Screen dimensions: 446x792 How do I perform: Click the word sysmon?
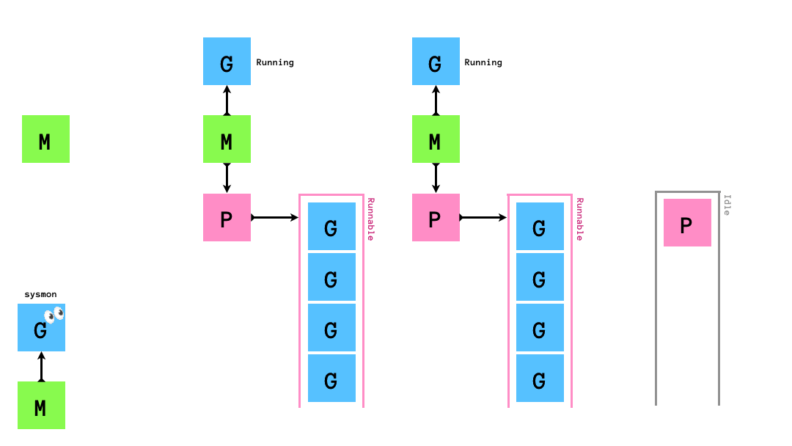(x=40, y=295)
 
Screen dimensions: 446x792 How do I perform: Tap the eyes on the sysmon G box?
(x=54, y=315)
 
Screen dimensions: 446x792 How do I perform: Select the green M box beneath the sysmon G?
(x=41, y=405)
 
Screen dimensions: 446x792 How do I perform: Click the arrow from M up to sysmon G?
(x=41, y=366)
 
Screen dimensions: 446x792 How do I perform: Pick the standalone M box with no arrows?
(x=45, y=139)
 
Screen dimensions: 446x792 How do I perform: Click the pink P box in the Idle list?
(x=687, y=222)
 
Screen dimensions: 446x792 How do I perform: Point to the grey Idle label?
(x=727, y=204)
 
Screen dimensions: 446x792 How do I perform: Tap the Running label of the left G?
(x=275, y=62)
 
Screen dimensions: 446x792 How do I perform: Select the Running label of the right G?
(x=483, y=62)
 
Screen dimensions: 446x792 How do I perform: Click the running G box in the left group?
(x=227, y=62)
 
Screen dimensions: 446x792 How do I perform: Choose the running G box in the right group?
(x=436, y=62)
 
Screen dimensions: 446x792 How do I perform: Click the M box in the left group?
(x=227, y=139)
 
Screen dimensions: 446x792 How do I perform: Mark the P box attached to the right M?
(x=436, y=217)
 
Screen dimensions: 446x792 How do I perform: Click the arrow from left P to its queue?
(x=275, y=217)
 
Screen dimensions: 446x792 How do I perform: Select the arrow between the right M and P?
(x=436, y=178)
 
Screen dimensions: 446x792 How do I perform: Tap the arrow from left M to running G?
(x=227, y=100)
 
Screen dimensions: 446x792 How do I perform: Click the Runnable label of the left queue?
(x=370, y=219)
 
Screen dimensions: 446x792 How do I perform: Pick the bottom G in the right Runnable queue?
(x=540, y=379)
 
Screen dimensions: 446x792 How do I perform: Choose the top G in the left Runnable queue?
(x=331, y=227)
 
